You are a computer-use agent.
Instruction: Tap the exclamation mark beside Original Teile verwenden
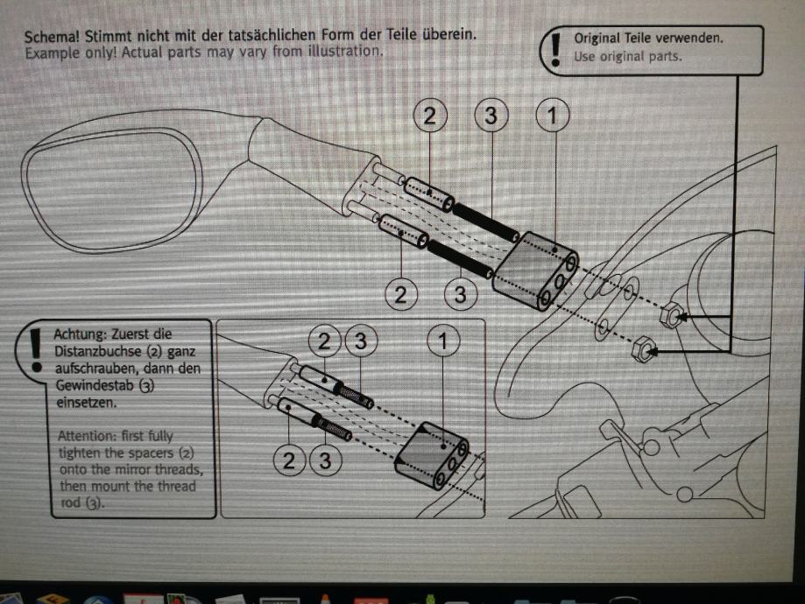tap(555, 49)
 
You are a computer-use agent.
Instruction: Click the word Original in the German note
tap(596, 38)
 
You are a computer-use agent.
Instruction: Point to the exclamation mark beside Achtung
tap(35, 350)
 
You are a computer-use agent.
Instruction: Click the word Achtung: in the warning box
tap(80, 334)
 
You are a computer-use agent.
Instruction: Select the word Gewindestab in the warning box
tap(95, 385)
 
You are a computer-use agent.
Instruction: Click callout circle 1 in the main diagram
tap(553, 115)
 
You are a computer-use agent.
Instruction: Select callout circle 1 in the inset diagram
tap(443, 341)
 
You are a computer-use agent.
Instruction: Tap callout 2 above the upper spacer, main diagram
tap(430, 116)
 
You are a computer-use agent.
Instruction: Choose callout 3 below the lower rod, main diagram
tap(461, 294)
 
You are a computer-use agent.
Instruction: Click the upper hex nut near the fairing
tap(672, 314)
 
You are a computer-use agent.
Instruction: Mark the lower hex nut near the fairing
tap(642, 349)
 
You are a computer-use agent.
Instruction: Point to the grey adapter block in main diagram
tap(535, 271)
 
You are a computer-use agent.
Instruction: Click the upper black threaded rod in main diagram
tap(485, 222)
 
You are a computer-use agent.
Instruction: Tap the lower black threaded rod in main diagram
tap(461, 259)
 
